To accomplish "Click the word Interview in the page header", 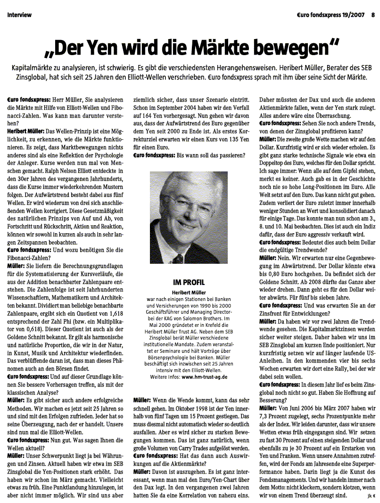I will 19,15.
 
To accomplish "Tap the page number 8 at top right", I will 372,15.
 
